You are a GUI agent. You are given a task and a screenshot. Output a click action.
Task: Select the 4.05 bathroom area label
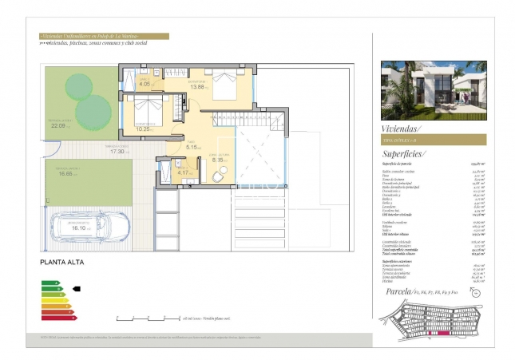point(145,83)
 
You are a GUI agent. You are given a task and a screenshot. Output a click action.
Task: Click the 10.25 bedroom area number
point(143,129)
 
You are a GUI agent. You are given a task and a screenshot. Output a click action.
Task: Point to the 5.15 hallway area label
point(192,147)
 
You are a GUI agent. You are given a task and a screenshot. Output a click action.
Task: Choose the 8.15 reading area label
point(219,160)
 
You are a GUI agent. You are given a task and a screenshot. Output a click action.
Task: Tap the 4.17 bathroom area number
point(183,172)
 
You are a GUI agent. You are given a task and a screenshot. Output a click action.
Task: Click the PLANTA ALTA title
point(62,262)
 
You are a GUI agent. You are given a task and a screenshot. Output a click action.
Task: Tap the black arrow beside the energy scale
point(77,289)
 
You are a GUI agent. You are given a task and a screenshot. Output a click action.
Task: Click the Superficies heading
point(404,153)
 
